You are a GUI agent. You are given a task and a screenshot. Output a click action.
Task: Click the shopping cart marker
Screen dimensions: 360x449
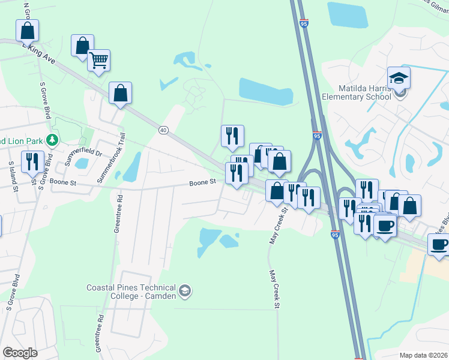[x=98, y=60]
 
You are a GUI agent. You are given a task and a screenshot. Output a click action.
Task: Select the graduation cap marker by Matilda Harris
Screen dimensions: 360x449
[x=399, y=78]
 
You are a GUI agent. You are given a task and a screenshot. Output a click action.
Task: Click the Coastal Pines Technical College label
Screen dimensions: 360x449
[x=132, y=292]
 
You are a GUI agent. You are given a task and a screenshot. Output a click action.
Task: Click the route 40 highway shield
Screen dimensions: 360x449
[x=163, y=130]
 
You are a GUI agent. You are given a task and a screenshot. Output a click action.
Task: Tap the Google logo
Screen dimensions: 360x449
[x=20, y=353]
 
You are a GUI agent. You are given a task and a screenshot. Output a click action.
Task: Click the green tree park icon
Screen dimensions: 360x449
[x=52, y=140]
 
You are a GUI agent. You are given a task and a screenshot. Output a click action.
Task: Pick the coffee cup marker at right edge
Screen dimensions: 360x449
[x=439, y=245]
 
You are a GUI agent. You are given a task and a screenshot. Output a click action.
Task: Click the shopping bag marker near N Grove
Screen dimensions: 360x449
[x=27, y=31]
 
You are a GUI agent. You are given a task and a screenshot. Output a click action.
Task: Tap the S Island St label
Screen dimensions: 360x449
[x=11, y=173]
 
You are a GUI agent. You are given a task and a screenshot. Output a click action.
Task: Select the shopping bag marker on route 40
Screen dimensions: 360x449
[x=121, y=94]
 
